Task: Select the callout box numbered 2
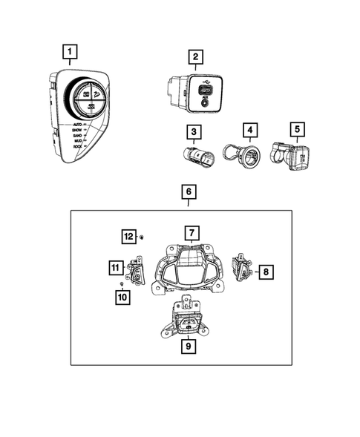[x=194, y=56]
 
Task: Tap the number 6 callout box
[x=189, y=192]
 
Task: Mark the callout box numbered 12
[x=128, y=236]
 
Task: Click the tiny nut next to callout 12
[x=143, y=236]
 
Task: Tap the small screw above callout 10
[x=121, y=283]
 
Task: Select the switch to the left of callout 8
[x=241, y=267]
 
